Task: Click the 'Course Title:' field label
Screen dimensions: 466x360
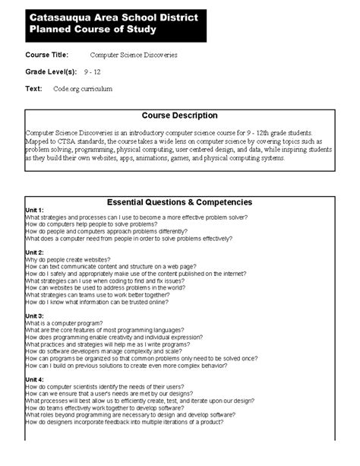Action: click(46, 55)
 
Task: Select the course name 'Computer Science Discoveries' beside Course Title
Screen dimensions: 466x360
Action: click(134, 55)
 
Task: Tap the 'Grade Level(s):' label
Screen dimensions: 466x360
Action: click(51, 71)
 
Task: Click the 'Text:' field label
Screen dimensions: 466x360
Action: click(33, 88)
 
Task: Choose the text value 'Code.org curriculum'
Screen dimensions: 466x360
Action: click(82, 89)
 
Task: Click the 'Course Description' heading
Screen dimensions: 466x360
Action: click(179, 116)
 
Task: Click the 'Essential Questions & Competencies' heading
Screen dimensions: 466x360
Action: click(179, 202)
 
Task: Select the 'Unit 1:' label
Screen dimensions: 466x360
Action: click(35, 211)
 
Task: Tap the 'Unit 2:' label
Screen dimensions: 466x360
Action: click(35, 252)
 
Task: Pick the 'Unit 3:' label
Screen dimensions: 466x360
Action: click(35, 315)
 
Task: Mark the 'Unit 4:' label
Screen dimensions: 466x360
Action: click(35, 379)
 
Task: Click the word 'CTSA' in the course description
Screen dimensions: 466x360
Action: click(66, 142)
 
